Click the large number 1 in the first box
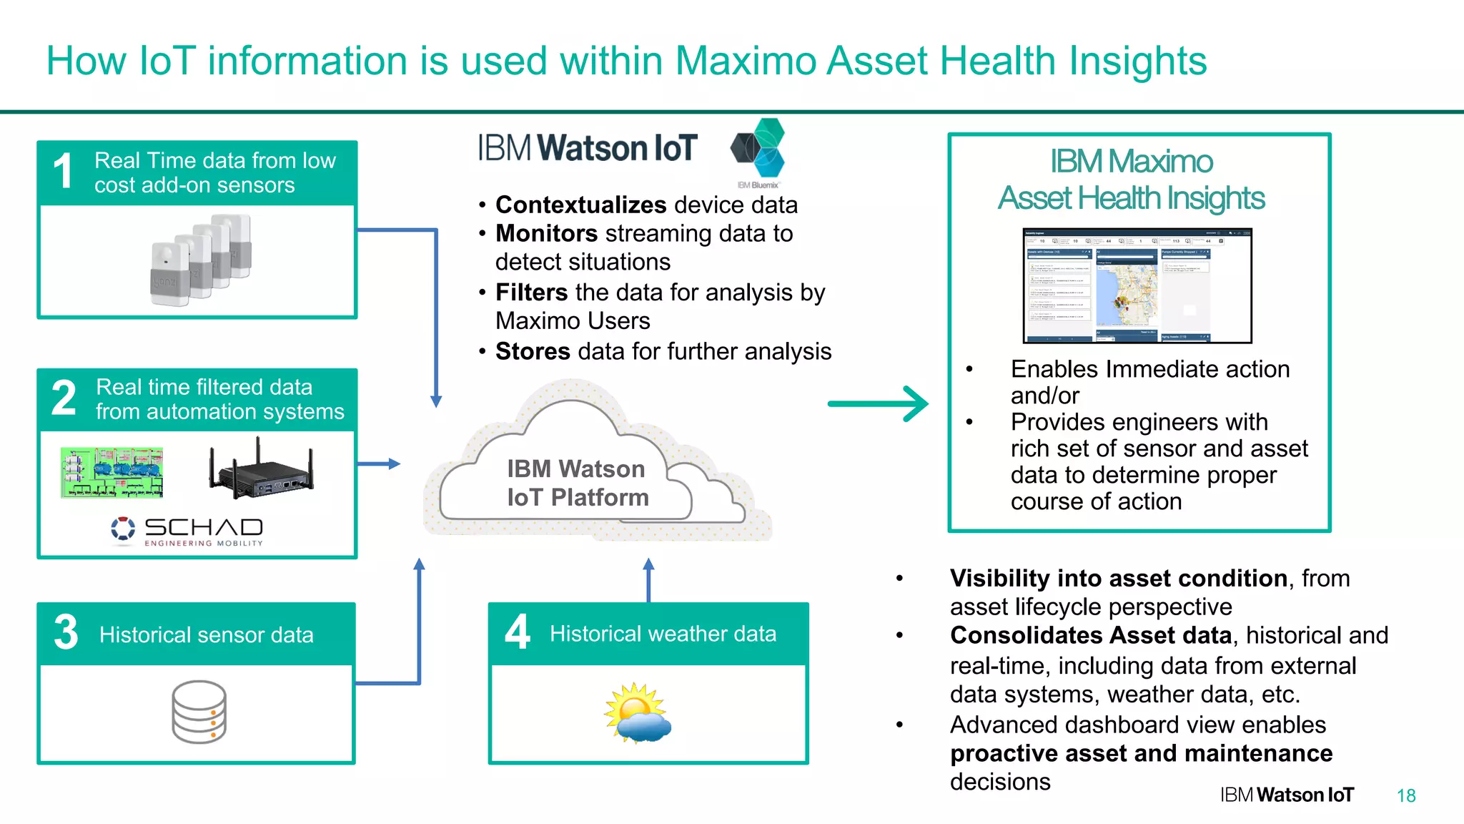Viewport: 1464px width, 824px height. tap(63, 172)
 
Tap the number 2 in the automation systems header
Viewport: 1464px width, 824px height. tap(64, 398)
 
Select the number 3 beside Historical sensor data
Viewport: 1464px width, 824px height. tap(66, 632)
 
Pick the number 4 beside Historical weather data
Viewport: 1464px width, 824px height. tap(518, 632)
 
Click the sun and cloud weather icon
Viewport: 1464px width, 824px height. tap(638, 714)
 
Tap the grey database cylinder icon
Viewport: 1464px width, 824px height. tap(199, 712)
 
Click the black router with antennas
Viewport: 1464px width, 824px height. tap(261, 472)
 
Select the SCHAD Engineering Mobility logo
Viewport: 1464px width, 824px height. tap(188, 531)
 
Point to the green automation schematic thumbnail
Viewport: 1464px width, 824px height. tap(112, 472)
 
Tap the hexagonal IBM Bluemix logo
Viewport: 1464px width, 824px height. tap(759, 149)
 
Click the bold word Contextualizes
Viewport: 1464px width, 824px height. tap(581, 205)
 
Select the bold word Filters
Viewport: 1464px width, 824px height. tap(531, 293)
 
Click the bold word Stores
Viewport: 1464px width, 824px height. tap(533, 352)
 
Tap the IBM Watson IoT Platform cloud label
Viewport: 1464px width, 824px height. tap(577, 484)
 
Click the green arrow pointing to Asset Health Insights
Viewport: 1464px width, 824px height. tap(878, 404)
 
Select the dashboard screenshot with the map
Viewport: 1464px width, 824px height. tap(1137, 286)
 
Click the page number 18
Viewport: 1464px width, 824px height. tap(1405, 796)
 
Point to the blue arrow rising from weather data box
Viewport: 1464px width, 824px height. tap(648, 580)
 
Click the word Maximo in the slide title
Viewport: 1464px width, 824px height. tap(746, 61)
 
